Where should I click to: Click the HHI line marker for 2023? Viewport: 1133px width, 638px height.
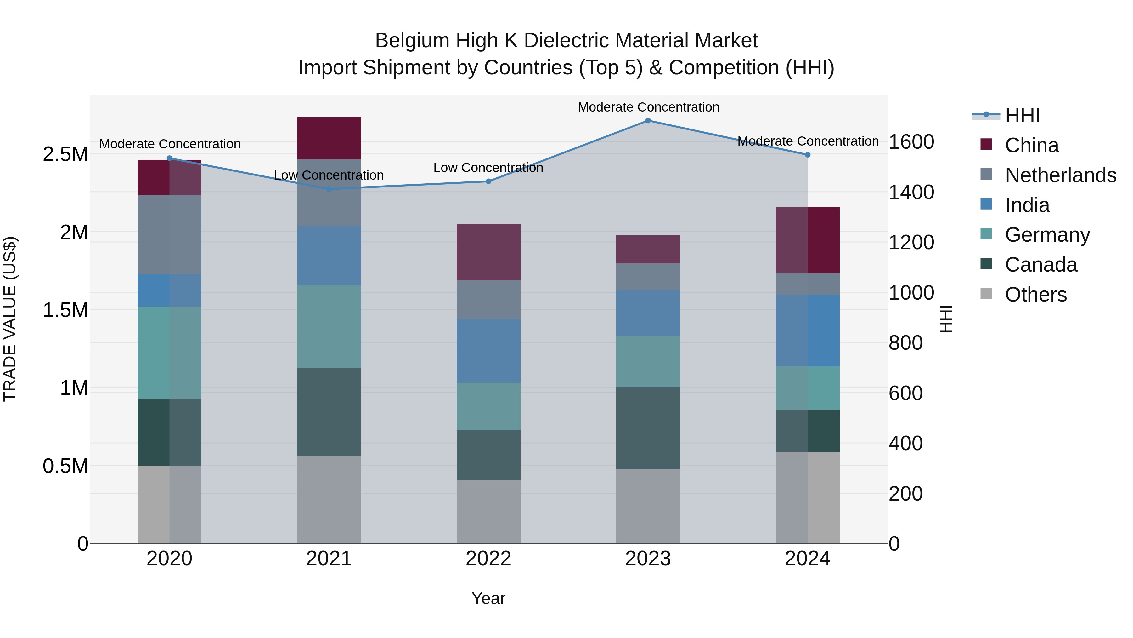tap(648, 121)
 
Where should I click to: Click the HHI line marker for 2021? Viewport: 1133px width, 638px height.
tap(329, 189)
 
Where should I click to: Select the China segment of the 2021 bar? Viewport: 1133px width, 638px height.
tap(329, 138)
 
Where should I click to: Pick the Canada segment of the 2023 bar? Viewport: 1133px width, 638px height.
tap(648, 428)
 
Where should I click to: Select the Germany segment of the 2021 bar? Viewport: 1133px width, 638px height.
tap(329, 327)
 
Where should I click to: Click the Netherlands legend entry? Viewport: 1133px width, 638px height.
tap(1060, 175)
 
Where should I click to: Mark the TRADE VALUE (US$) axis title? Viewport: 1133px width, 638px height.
tap(10, 319)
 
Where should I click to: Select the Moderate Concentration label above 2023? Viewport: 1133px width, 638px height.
tap(648, 107)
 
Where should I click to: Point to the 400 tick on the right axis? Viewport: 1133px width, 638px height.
tap(905, 443)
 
